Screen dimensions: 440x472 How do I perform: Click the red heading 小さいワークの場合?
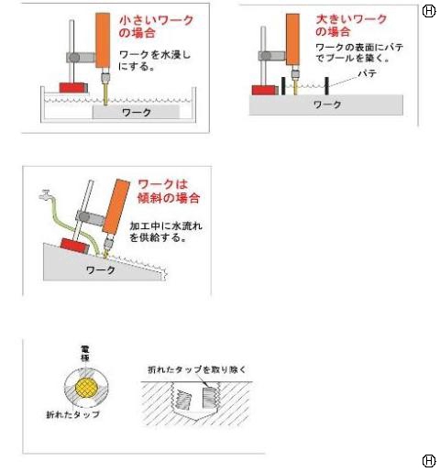pyautogui.click(x=156, y=27)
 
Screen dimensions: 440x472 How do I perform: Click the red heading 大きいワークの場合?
pyautogui.click(x=351, y=26)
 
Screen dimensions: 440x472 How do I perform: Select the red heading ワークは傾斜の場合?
pyautogui.click(x=169, y=192)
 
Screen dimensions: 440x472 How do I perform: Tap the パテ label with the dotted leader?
pyautogui.click(x=367, y=74)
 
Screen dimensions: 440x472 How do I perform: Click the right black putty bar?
pyautogui.click(x=326, y=86)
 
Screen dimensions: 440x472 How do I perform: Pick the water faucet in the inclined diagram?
pyautogui.click(x=46, y=195)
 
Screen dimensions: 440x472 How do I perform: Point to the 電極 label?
pyautogui.click(x=85, y=353)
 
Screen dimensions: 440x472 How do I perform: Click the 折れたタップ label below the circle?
pyautogui.click(x=73, y=414)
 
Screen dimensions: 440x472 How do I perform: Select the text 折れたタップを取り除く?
pyautogui.click(x=197, y=370)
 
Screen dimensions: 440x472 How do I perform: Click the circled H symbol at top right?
pyautogui.click(x=429, y=11)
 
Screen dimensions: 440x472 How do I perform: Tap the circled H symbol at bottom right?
pyautogui.click(x=429, y=461)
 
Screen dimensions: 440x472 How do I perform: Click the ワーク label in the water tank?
pyautogui.click(x=137, y=113)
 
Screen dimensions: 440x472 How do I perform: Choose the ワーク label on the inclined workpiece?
pyautogui.click(x=101, y=270)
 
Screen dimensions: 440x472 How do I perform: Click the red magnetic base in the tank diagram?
pyautogui.click(x=73, y=88)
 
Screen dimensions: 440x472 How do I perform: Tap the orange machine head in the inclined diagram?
pyautogui.click(x=116, y=207)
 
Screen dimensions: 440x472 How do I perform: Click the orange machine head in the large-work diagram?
pyautogui.click(x=292, y=39)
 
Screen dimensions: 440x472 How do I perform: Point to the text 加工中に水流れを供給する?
pyautogui.click(x=166, y=232)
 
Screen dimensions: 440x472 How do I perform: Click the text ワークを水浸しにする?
pyautogui.click(x=154, y=60)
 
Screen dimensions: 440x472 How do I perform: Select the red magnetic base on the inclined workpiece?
pyautogui.click(x=75, y=246)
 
